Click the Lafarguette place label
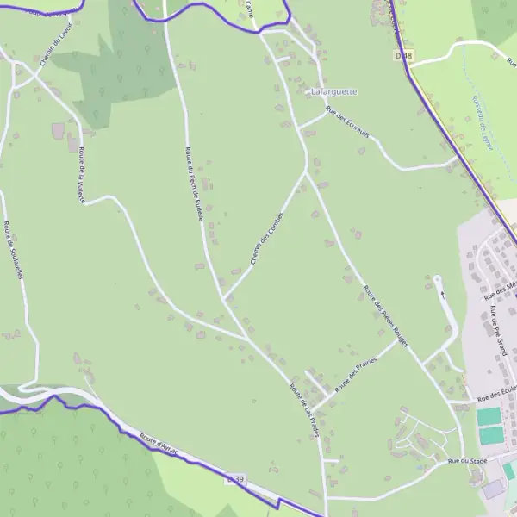pyautogui.click(x=333, y=90)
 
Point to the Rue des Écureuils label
pyautogui.click(x=347, y=121)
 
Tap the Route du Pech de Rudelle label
pyautogui.click(x=194, y=184)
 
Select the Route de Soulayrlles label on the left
pyautogui.click(x=12, y=250)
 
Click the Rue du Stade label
pyautogui.click(x=467, y=462)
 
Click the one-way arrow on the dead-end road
pyautogui.click(x=444, y=293)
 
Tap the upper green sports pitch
pyautogui.click(x=489, y=416)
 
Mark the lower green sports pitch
pyautogui.click(x=490, y=436)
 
